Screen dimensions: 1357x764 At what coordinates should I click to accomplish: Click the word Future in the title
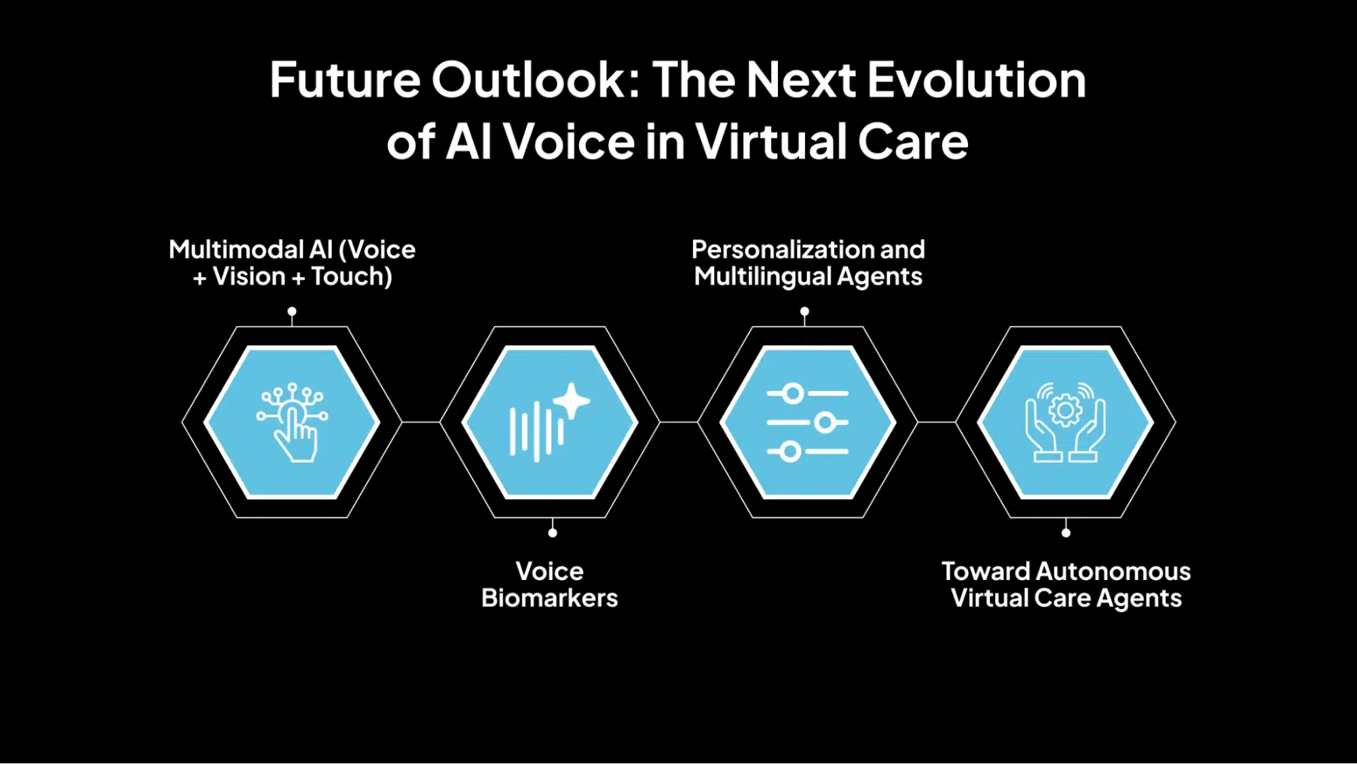click(x=345, y=80)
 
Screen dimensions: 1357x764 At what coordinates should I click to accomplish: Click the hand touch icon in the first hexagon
click(x=292, y=422)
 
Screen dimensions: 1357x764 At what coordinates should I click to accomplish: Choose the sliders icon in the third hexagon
click(x=808, y=422)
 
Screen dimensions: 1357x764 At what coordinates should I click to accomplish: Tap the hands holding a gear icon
click(x=1065, y=422)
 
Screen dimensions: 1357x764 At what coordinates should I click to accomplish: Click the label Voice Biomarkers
click(x=550, y=585)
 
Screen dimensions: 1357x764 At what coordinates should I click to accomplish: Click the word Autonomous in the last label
click(x=1113, y=572)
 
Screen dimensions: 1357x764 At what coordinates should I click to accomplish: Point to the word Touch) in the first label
click(x=352, y=276)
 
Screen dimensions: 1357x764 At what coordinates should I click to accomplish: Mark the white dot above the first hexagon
click(x=292, y=312)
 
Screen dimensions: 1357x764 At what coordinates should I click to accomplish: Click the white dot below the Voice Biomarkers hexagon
click(x=553, y=533)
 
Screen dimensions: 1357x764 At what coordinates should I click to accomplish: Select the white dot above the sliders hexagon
click(x=804, y=312)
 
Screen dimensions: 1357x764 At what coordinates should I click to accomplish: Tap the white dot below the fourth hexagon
click(x=1066, y=533)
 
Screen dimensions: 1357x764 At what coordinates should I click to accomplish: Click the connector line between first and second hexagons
click(x=421, y=422)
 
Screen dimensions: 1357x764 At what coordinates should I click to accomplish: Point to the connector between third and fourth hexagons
click(x=937, y=422)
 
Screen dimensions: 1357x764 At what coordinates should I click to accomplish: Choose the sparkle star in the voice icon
click(x=572, y=401)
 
